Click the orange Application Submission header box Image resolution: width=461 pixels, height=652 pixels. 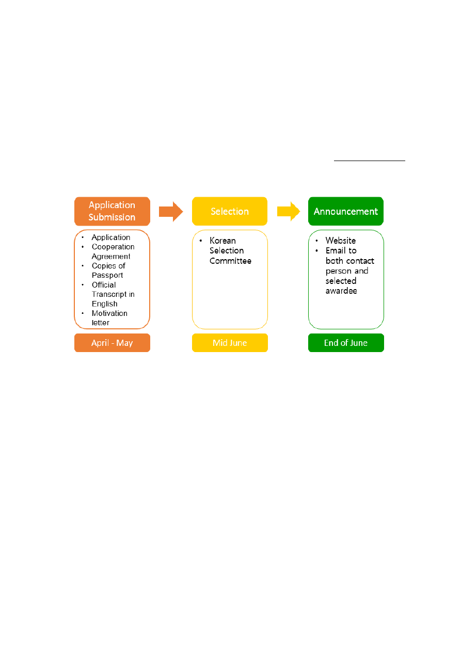click(x=112, y=211)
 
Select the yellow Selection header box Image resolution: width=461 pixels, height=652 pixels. click(x=230, y=211)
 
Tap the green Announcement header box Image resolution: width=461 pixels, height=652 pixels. click(x=346, y=211)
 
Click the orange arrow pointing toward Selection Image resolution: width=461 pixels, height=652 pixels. click(x=171, y=211)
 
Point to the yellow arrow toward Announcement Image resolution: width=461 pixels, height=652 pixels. click(x=289, y=211)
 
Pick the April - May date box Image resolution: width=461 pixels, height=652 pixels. click(x=112, y=343)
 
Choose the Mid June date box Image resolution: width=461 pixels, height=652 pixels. click(x=230, y=343)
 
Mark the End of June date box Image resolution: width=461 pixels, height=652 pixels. click(x=346, y=343)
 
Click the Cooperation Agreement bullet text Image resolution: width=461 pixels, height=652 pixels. click(x=113, y=251)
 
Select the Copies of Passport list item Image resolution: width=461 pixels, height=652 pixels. click(x=108, y=271)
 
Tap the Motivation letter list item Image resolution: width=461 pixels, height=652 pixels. click(x=109, y=318)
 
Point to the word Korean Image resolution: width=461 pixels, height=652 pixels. click(x=222, y=241)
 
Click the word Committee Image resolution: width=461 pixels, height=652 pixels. click(x=230, y=261)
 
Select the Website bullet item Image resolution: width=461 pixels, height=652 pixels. click(x=341, y=241)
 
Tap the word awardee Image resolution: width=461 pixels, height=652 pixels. click(x=341, y=291)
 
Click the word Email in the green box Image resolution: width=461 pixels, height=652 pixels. click(x=336, y=251)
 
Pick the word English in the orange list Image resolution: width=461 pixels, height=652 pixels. click(x=104, y=304)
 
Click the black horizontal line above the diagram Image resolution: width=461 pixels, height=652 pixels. click(x=369, y=161)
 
